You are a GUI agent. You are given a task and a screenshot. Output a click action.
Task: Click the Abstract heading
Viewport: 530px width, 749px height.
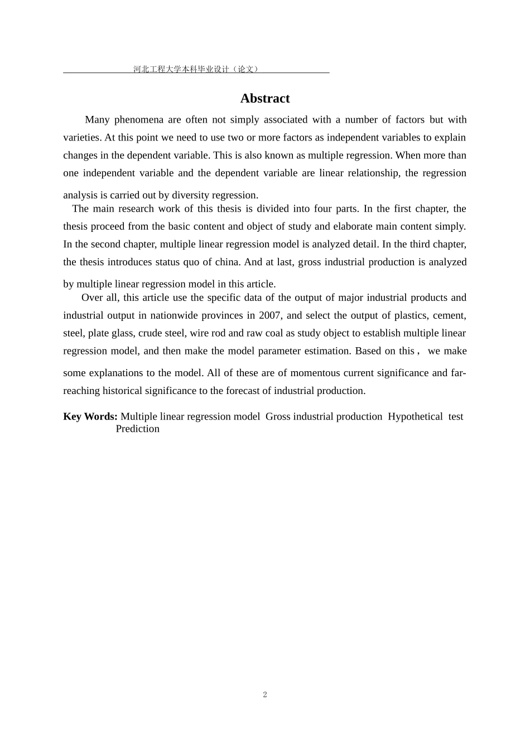(x=265, y=99)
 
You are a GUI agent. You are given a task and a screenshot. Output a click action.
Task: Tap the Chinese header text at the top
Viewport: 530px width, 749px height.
(x=196, y=69)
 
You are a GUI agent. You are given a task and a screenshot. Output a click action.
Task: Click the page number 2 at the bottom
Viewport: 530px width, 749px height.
(x=265, y=694)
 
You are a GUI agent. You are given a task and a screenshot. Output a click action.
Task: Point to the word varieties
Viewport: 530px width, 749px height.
(x=81, y=138)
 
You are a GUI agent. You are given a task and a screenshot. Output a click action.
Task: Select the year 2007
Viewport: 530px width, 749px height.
(x=269, y=315)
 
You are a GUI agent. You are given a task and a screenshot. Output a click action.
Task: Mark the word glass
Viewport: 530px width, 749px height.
(x=136, y=333)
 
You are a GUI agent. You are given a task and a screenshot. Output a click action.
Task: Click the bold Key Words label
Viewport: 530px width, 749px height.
(x=90, y=417)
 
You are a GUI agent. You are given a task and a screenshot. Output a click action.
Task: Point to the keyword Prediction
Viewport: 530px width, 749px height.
(x=137, y=429)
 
